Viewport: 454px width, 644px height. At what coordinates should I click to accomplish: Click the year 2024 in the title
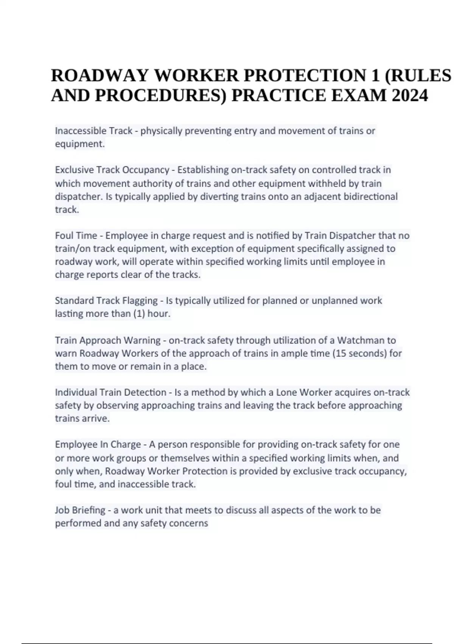point(410,95)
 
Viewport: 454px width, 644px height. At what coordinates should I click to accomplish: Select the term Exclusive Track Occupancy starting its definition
point(112,170)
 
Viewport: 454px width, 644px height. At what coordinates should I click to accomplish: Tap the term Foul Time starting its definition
point(76,236)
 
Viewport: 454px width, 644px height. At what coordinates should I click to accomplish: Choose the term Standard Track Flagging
point(106,300)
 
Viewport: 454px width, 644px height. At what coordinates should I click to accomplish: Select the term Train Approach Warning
point(108,340)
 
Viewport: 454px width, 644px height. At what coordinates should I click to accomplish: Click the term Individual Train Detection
point(110,392)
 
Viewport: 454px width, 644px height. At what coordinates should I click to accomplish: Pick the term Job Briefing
point(80,510)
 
